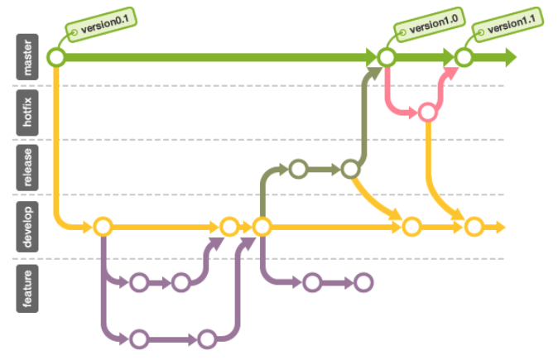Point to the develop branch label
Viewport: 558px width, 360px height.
point(29,225)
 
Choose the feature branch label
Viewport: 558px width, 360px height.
point(29,285)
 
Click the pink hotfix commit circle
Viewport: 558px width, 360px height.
point(427,112)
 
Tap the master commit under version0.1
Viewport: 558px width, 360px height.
point(56,58)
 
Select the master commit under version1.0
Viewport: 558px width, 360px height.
point(386,58)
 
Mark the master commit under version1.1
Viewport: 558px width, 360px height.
point(464,58)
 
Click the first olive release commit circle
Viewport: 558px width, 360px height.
point(298,170)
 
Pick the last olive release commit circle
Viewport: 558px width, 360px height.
point(350,170)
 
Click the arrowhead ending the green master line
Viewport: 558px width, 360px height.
point(509,58)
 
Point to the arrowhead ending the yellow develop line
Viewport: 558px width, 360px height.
point(499,226)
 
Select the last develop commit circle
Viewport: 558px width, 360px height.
point(473,226)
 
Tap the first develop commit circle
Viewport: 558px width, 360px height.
point(103,226)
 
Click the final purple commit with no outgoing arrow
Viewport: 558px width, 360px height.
point(363,283)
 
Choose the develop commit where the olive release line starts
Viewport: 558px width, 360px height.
point(262,226)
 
